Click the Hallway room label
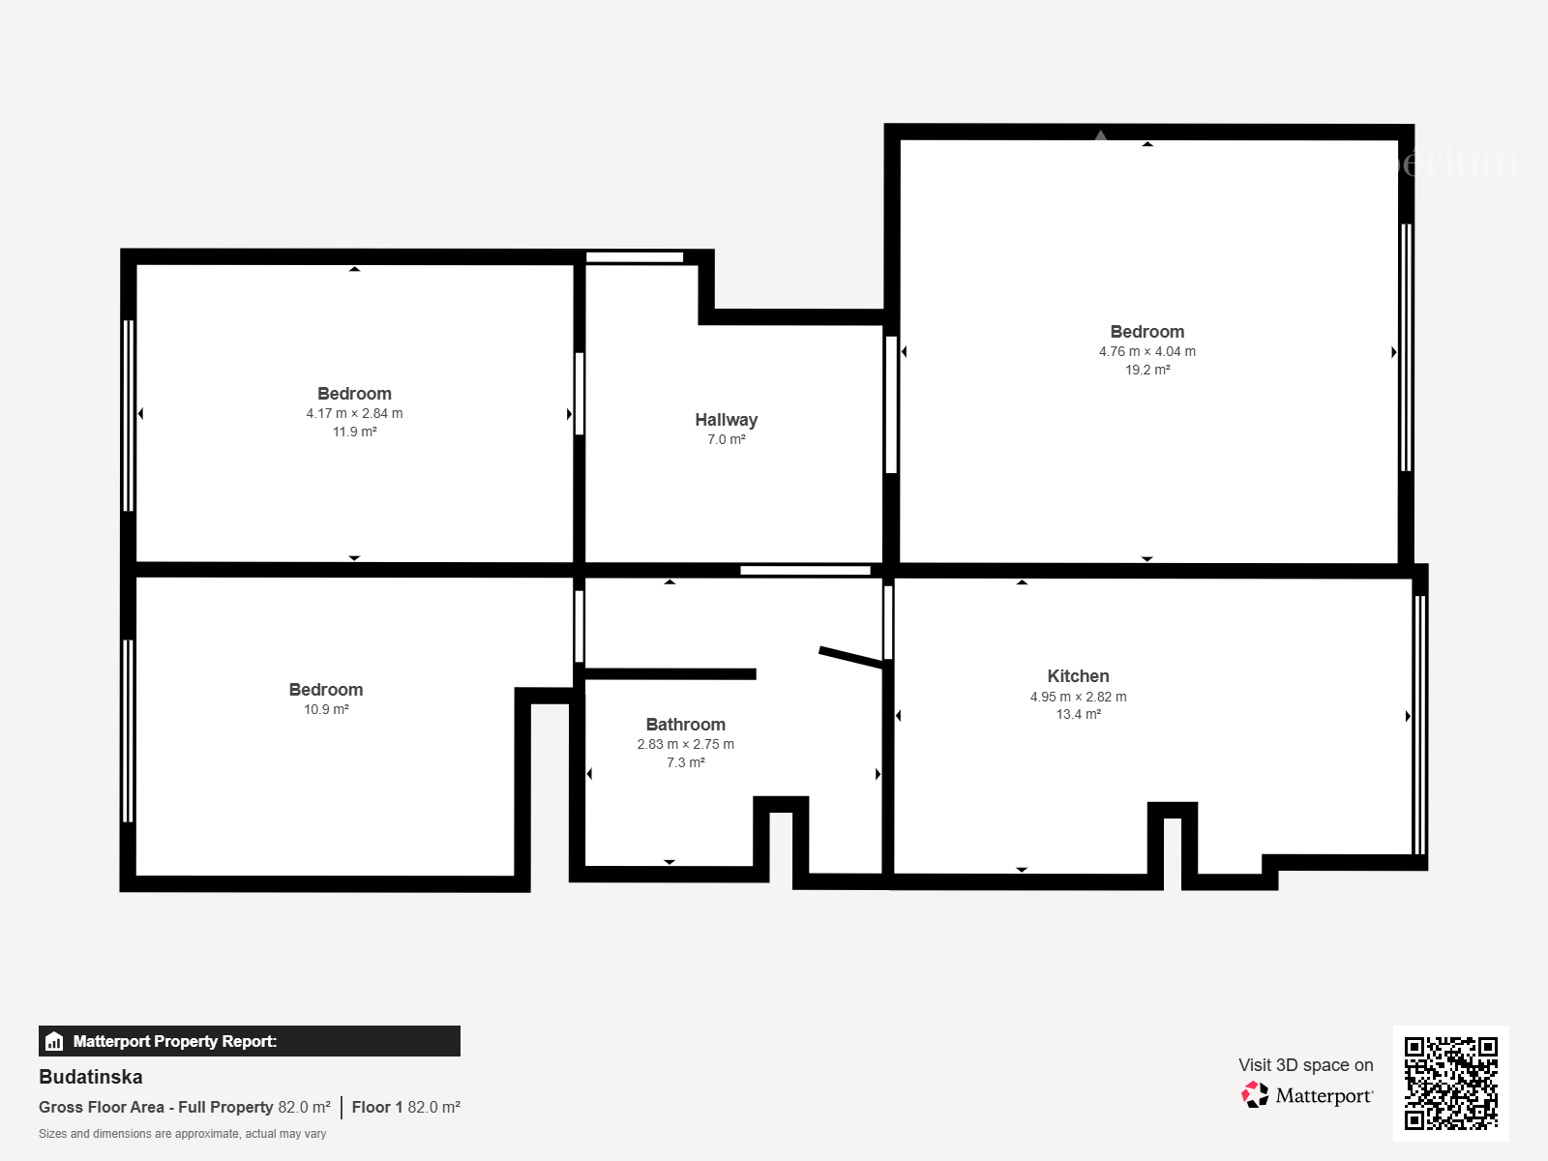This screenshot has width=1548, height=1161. point(726,420)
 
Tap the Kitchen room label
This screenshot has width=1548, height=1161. point(1078,676)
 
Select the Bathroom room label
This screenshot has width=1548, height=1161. point(686,725)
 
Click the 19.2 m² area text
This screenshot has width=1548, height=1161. point(1147,370)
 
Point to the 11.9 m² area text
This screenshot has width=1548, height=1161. point(354,432)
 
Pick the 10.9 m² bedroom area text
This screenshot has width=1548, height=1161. point(326,709)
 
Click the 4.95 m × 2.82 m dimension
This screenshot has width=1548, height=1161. point(1078,697)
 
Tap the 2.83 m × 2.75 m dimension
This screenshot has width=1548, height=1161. point(686,744)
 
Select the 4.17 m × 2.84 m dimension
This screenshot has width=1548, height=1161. point(354,413)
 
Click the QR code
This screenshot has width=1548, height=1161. point(1450,1084)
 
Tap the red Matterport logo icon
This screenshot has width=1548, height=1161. point(1255,1095)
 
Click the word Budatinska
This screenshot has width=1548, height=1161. point(91,1077)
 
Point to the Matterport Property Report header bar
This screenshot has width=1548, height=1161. point(250,1041)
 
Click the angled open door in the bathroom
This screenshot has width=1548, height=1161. point(851,657)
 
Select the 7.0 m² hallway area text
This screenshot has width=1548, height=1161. point(727,439)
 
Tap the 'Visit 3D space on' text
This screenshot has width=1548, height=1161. point(1306,1065)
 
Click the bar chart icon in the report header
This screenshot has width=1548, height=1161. point(54,1041)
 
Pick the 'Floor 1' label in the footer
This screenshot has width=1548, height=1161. point(377,1108)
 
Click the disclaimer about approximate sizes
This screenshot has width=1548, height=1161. point(182,1134)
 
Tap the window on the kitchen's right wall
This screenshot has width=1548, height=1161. point(1419,725)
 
